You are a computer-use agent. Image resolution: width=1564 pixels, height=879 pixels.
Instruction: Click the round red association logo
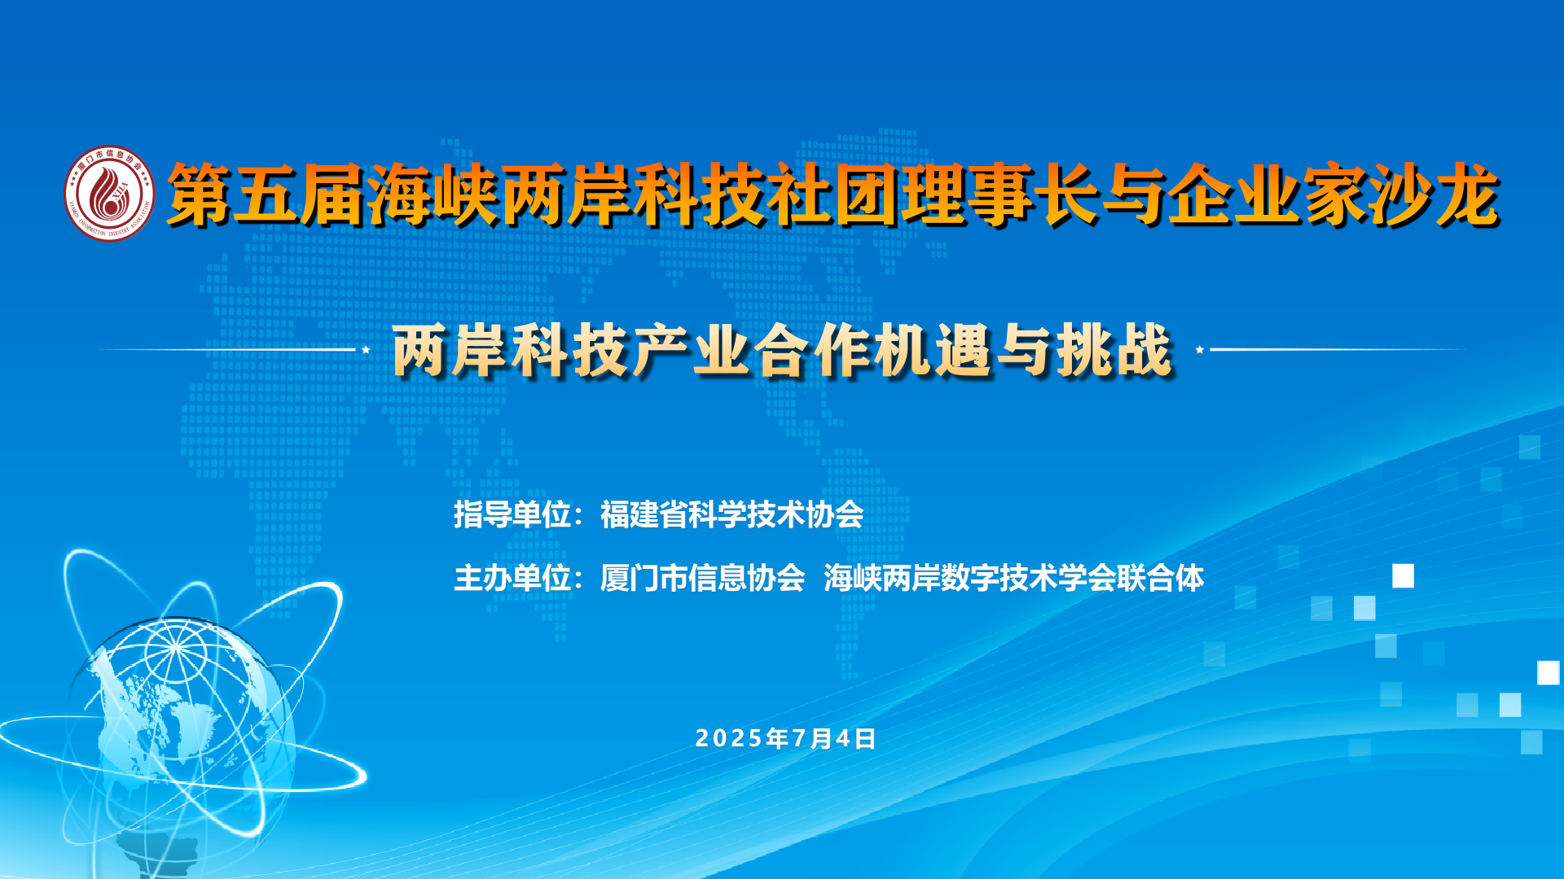tap(109, 194)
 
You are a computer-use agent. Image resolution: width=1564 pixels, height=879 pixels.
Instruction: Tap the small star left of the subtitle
tap(367, 349)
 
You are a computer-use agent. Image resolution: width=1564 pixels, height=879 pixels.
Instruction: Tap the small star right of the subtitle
tap(1199, 349)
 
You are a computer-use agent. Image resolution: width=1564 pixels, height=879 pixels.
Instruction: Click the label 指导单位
tap(512, 514)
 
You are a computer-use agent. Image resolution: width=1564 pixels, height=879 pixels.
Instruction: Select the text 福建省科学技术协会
tap(731, 514)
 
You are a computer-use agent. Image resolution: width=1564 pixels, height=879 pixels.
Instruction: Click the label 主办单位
tap(512, 578)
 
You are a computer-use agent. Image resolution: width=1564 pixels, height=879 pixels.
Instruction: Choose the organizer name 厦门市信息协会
tap(702, 578)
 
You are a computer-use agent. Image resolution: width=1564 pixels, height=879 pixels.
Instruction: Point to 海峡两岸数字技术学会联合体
tap(1013, 578)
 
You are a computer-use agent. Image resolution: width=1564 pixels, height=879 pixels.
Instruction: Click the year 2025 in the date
tap(730, 738)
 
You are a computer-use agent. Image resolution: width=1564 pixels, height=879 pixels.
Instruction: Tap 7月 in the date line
tap(811, 738)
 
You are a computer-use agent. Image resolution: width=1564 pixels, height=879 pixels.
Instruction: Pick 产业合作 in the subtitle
tap(753, 351)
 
